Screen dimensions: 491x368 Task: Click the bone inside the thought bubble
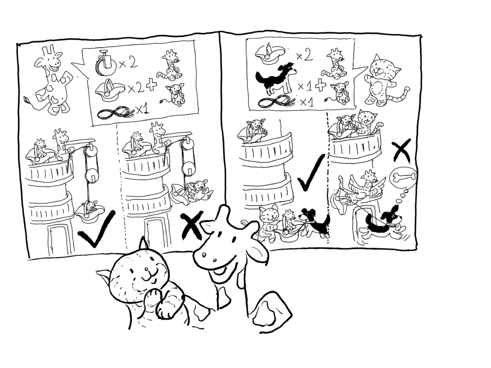pos(403,177)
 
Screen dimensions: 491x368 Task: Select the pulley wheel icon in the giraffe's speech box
pos(105,63)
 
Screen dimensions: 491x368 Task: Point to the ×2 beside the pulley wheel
pos(128,63)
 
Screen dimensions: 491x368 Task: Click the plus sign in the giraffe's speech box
pos(152,85)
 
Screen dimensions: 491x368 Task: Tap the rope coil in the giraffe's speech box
pos(115,112)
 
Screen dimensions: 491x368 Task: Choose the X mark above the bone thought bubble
pos(401,151)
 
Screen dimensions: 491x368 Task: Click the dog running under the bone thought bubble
pos(383,223)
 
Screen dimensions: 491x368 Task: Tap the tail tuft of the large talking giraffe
pos(27,101)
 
